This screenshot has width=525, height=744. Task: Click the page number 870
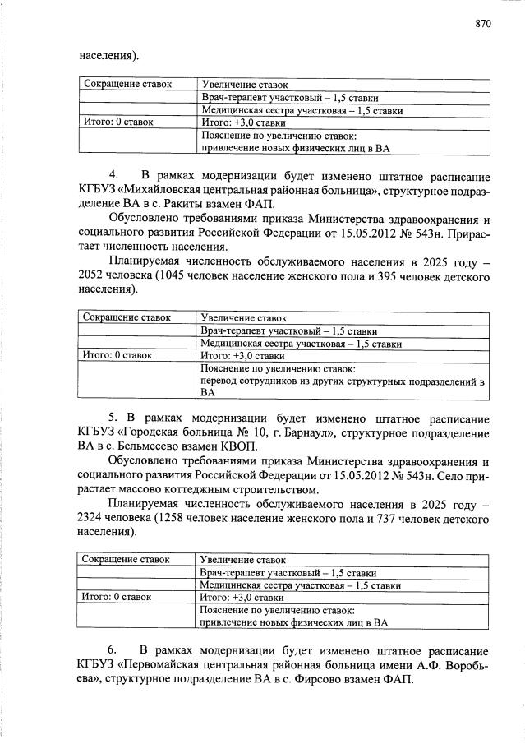482,24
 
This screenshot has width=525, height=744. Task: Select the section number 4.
115,177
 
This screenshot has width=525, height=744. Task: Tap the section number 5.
115,419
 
